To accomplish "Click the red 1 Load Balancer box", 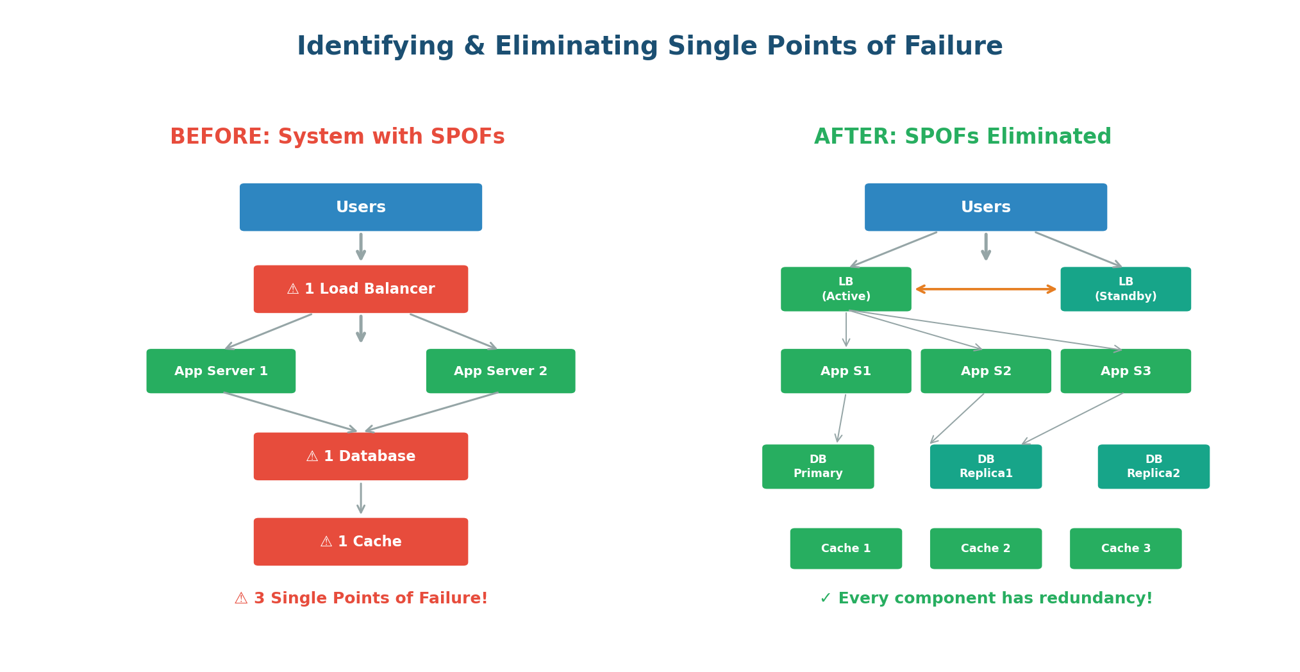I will tap(360, 289).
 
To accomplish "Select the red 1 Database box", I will tap(360, 457).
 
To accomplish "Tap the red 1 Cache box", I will tap(360, 542).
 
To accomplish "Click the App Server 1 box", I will tap(221, 371).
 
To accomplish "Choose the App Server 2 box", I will tap(500, 371).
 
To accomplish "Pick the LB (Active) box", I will tap(846, 289).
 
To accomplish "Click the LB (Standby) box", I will tap(1125, 289).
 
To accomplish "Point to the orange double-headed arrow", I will tap(986, 289).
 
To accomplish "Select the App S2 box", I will tap(985, 371).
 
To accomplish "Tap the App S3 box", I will tap(1125, 371).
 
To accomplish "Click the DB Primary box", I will tap(817, 467).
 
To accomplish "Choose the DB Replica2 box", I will tap(1153, 467).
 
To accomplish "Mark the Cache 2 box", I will tap(985, 548).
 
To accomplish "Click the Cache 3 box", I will tap(1125, 548).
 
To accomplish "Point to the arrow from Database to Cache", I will tap(361, 498).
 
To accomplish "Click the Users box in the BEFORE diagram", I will tap(360, 207).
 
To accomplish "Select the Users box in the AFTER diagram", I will tap(985, 207).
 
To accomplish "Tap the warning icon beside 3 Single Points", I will tap(241, 599).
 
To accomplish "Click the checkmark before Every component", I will tap(826, 599).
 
